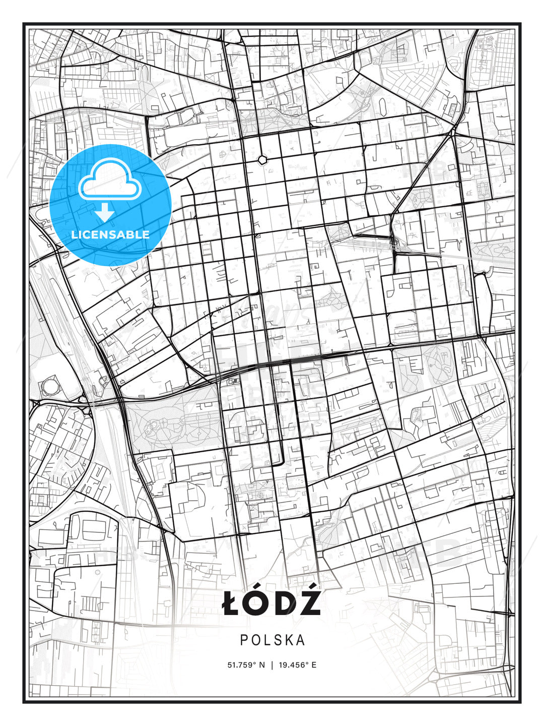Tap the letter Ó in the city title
point(255,603)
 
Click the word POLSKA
point(273,640)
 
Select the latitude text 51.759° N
point(246,665)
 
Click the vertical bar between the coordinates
point(273,665)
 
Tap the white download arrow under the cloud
point(105,212)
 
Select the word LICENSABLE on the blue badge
point(110,234)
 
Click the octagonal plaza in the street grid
point(262,160)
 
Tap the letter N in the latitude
point(261,665)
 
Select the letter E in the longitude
point(314,665)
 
